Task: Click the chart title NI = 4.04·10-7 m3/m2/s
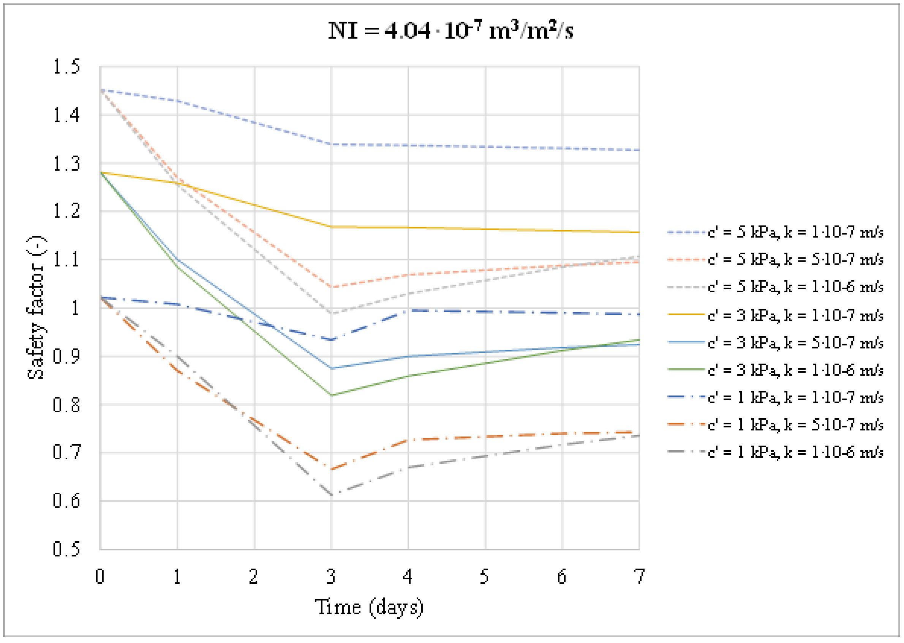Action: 450,30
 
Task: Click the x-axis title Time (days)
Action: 369,607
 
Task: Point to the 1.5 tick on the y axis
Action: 66,66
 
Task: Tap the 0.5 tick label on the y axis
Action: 66,549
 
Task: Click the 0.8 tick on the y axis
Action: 66,405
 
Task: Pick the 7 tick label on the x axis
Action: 639,577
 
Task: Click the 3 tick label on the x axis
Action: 331,577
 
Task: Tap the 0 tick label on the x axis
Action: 100,577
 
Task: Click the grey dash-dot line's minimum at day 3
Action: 332,495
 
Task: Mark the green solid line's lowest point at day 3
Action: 332,395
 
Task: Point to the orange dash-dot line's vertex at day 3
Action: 332,469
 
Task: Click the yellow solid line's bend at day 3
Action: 332,227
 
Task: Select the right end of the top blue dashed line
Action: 638,150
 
